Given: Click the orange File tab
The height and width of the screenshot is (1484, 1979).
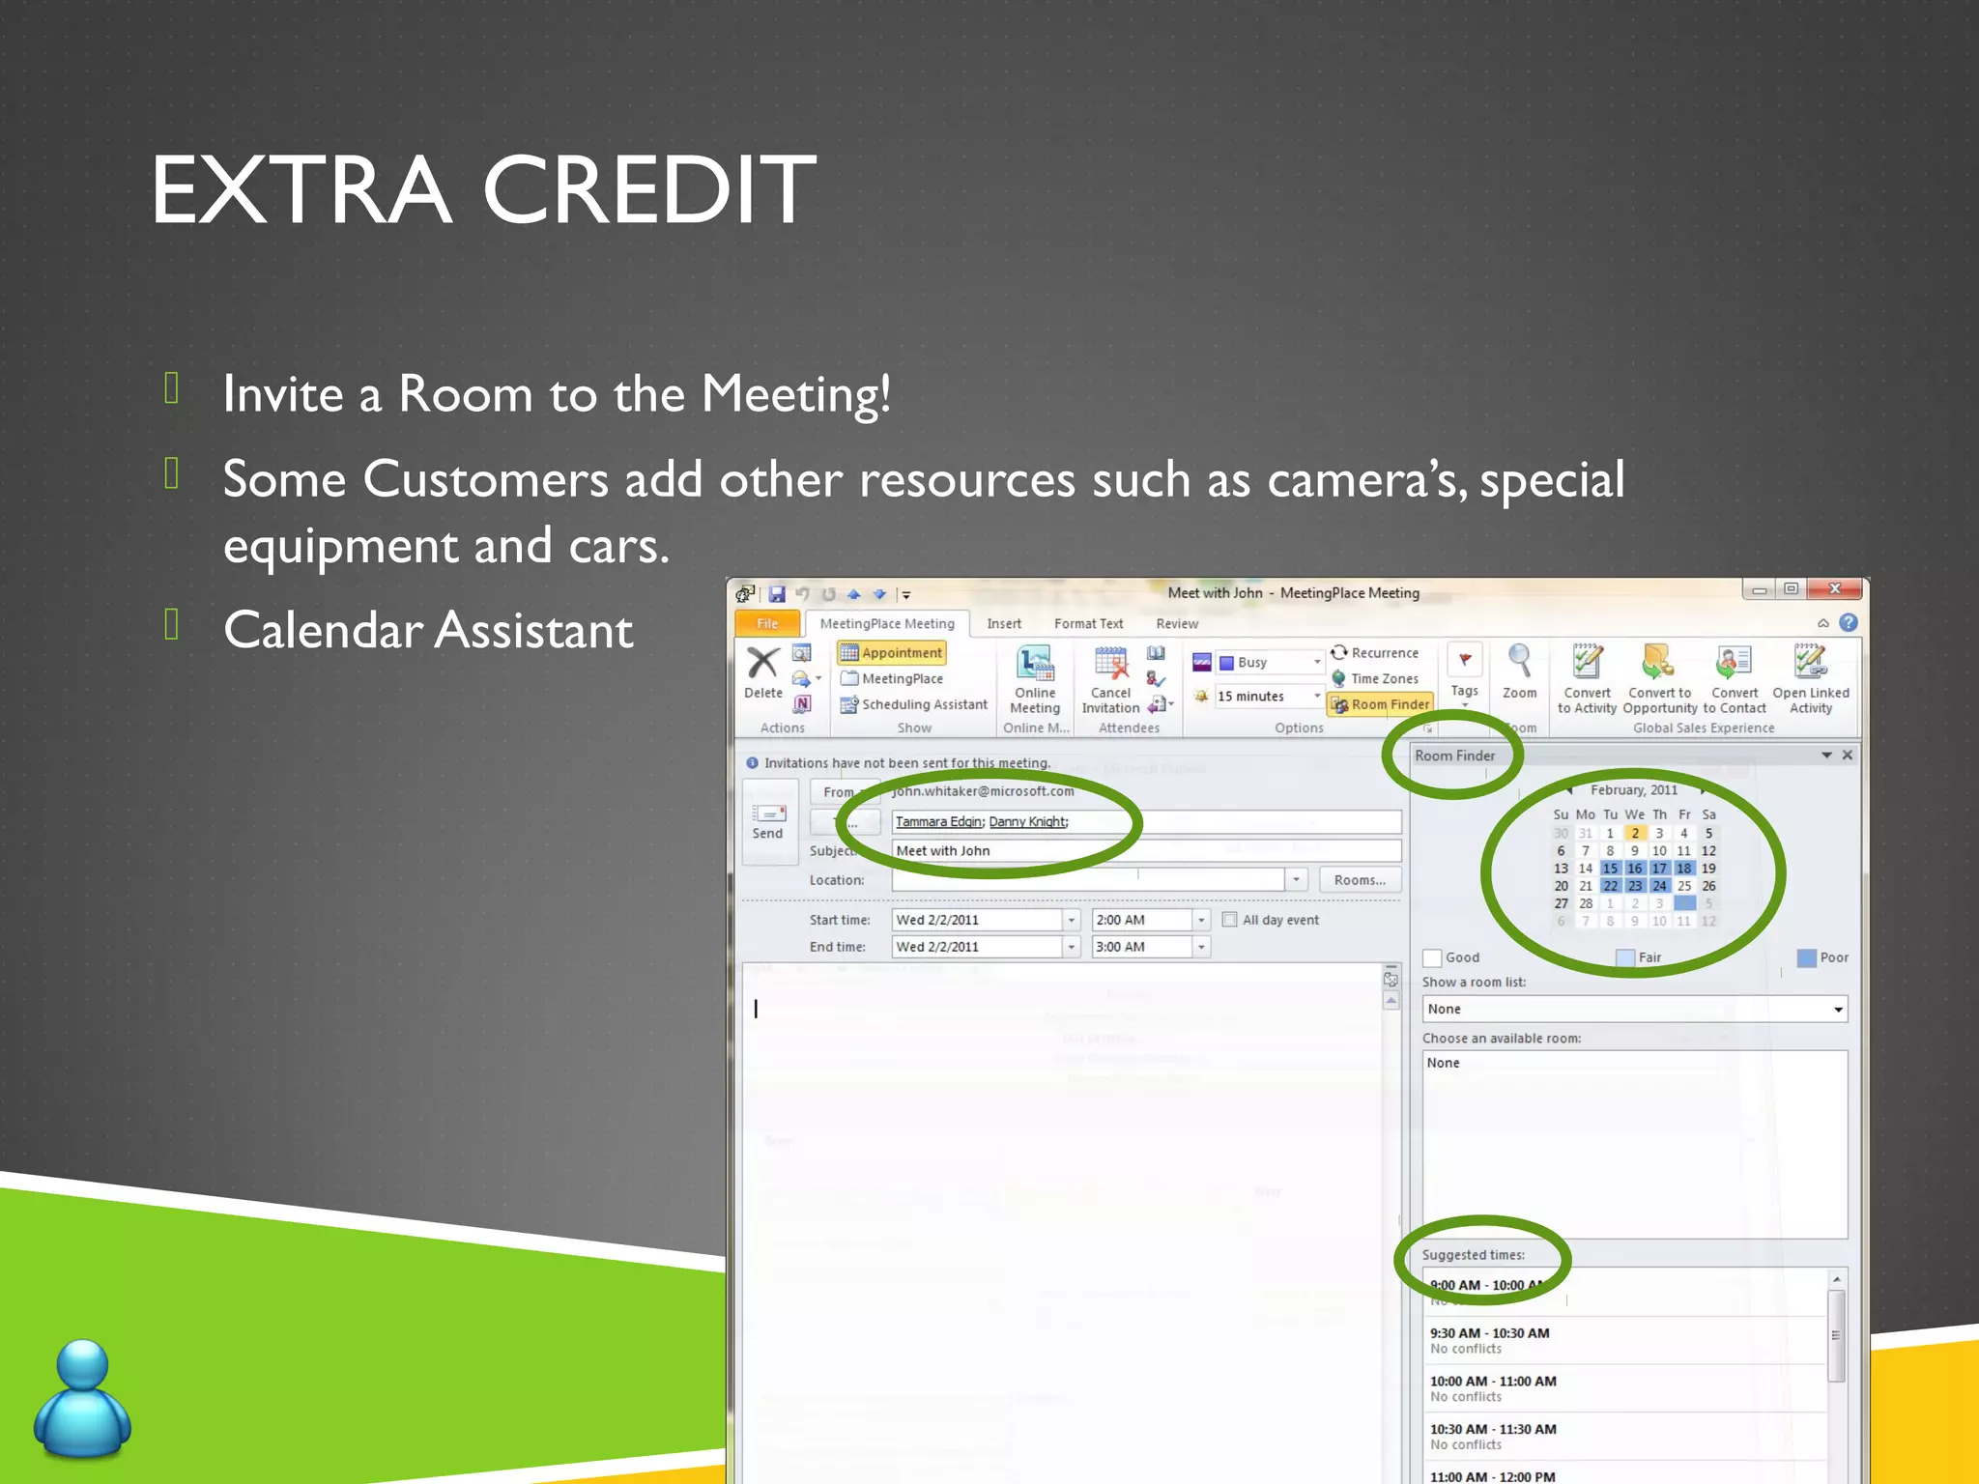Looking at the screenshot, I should point(767,624).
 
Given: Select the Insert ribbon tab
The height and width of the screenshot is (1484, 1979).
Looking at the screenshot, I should point(1003,624).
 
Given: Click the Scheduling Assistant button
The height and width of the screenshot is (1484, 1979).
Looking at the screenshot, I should point(914,705).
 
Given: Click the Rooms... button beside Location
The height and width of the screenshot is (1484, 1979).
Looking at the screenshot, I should point(1359,880).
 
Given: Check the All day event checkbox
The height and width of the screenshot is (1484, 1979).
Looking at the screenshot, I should point(1230,920).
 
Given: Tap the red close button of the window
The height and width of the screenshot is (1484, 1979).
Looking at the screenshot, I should point(1833,589).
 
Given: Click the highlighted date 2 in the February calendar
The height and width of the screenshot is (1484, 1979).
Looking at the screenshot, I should point(1634,833).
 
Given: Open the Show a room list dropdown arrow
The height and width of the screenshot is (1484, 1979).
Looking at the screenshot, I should point(1837,1010).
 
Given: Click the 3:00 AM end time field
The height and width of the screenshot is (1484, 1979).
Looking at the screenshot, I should point(1140,948).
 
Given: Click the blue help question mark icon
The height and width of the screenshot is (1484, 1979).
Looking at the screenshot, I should point(1849,623).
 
